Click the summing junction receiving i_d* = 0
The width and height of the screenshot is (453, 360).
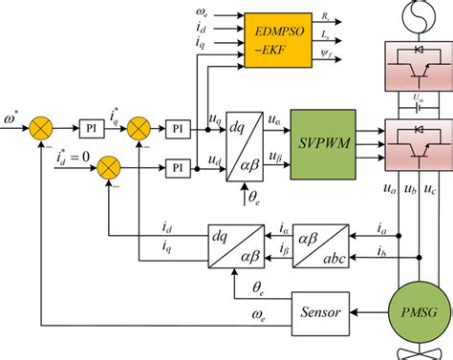pos(109,168)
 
